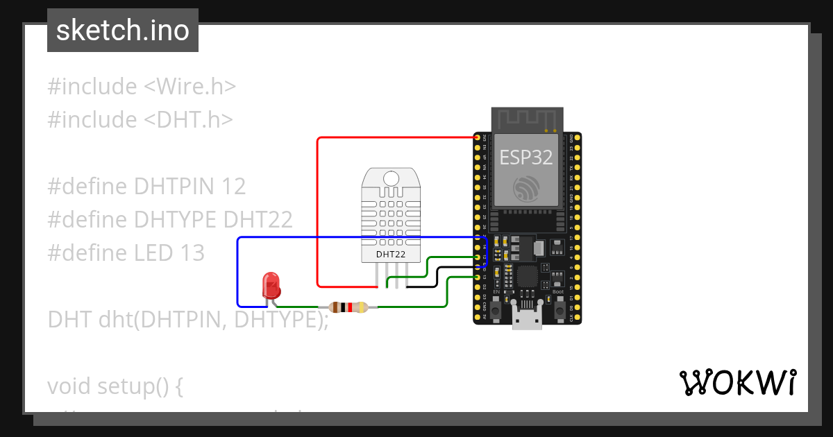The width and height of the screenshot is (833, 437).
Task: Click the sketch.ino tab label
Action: click(123, 31)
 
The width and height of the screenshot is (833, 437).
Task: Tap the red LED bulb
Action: click(271, 285)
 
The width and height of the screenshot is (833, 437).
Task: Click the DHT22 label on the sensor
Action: click(391, 254)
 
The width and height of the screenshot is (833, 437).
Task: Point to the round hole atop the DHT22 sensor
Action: click(391, 178)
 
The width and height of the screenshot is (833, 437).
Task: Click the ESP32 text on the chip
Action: click(527, 157)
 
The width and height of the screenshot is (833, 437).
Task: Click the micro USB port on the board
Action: click(527, 320)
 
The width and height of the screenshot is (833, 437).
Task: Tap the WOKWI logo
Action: click(737, 382)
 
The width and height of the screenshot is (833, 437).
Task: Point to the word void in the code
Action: click(69, 386)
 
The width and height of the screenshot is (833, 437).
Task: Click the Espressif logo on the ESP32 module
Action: click(527, 189)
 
